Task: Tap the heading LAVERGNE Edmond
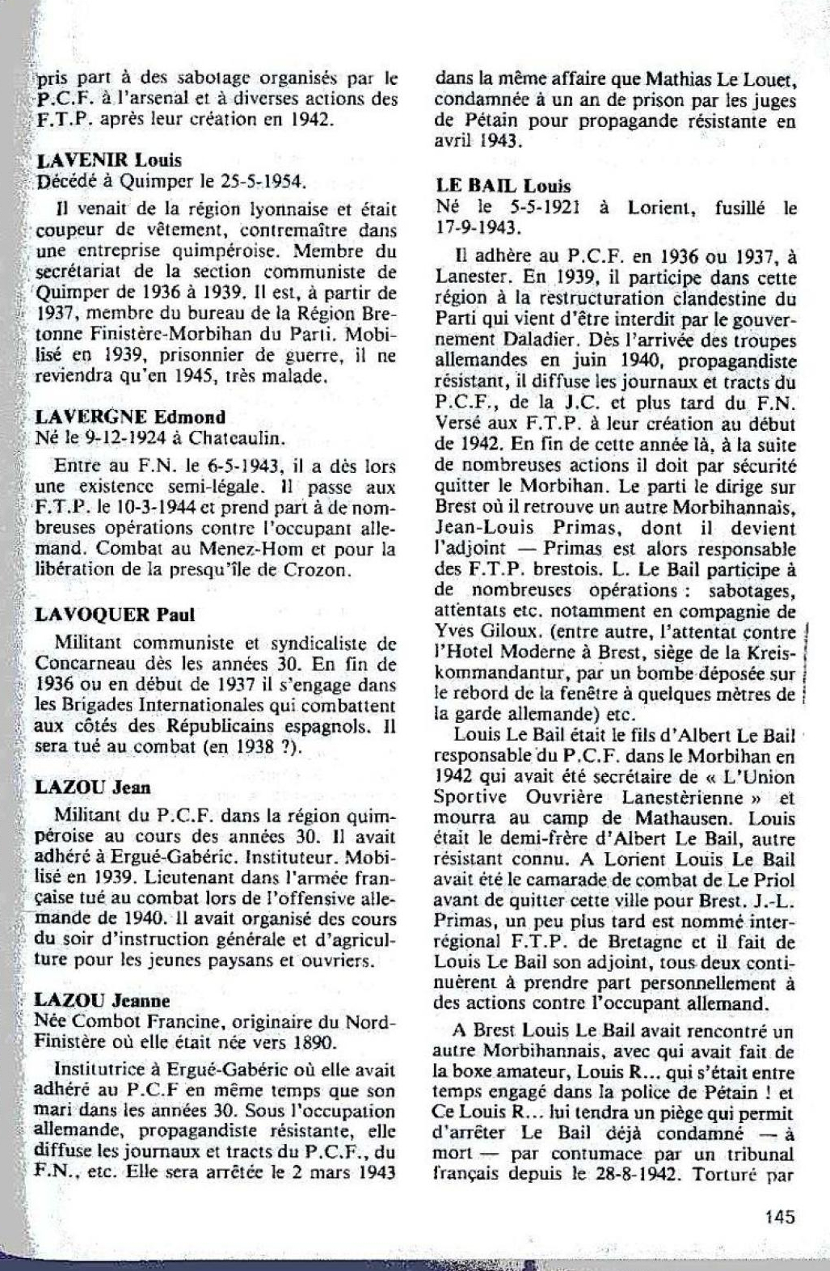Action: click(130, 417)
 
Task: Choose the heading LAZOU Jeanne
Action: click(103, 1000)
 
